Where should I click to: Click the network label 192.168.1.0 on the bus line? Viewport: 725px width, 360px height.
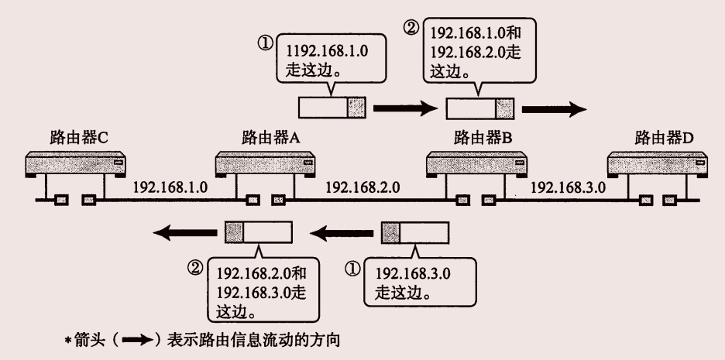click(170, 187)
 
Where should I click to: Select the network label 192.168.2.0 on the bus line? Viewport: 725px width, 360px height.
click(362, 187)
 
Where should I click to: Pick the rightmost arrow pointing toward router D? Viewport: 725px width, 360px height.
click(554, 108)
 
